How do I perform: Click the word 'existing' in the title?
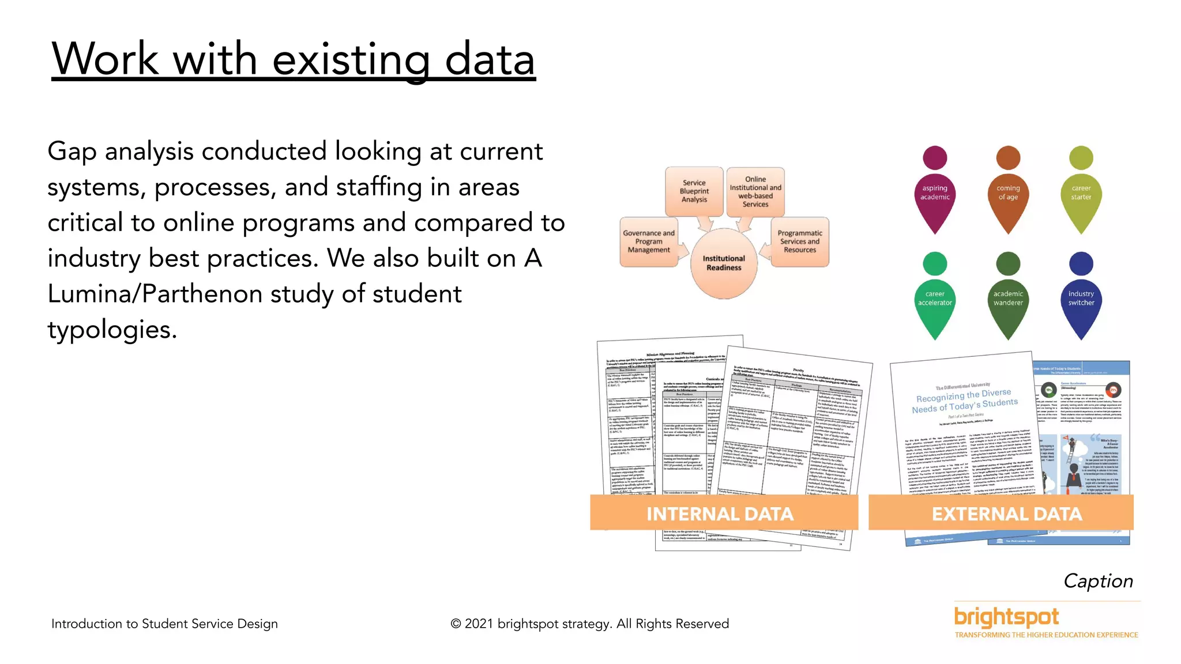351,60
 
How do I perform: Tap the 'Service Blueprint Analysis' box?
694,191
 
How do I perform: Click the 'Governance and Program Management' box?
649,242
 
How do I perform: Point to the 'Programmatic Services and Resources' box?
800,242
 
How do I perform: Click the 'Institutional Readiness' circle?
724,263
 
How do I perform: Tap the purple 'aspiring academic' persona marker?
935,193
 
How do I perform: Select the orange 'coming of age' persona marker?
1008,193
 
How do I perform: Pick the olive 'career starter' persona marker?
1081,193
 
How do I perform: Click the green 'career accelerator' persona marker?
935,299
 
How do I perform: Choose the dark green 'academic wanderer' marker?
1008,299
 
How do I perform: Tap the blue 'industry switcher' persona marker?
1081,299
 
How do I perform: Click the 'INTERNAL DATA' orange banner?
720,514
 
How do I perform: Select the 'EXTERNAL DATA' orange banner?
1006,514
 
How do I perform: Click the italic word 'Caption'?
1098,581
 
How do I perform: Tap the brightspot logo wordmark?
1006,617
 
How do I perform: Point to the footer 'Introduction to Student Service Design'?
164,624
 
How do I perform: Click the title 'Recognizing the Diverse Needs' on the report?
964,401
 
